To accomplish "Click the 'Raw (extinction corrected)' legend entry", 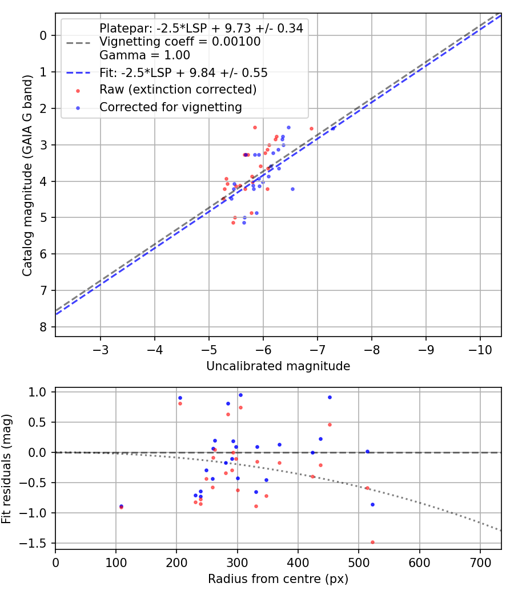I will (178, 90).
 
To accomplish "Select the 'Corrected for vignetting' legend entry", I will (170, 107).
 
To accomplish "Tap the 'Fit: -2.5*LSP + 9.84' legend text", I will (183, 72).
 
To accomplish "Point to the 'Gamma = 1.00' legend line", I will (144, 55).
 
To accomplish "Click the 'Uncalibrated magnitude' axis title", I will (278, 366).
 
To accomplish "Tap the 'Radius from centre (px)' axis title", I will (278, 579).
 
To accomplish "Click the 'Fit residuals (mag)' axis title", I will (8, 468).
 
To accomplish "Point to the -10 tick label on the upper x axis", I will (480, 348).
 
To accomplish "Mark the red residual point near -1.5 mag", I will (372, 542).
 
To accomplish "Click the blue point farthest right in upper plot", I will (333, 128).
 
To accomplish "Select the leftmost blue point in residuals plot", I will (121, 506).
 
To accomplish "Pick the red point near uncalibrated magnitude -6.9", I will (311, 128).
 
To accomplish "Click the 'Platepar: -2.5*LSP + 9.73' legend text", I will (200, 28).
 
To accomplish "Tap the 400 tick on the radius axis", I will (298, 561).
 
